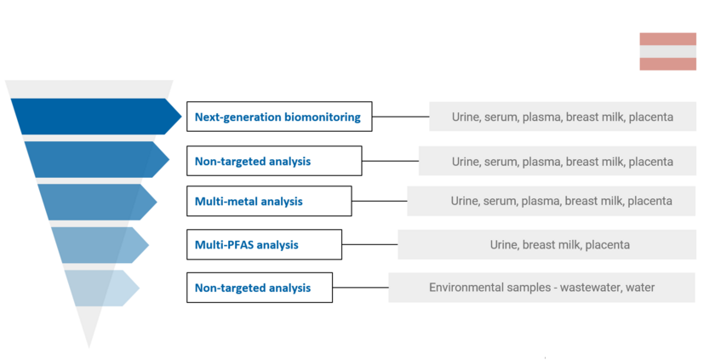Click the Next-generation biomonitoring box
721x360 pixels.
tap(279, 117)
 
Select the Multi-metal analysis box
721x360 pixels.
tap(269, 201)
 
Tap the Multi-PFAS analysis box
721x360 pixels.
tap(264, 244)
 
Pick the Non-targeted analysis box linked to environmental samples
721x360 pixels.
tap(260, 288)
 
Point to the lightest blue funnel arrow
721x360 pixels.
tap(102, 288)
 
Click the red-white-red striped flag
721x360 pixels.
tap(667, 52)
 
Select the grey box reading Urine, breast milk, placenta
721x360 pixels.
tap(546, 244)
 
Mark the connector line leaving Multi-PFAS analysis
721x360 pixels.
tap(369, 244)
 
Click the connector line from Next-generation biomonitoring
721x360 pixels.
tap(400, 117)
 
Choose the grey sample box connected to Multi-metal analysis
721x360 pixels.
tap(552, 201)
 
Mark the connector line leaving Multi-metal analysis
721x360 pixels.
tap(380, 201)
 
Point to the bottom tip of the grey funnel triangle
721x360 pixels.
tap(89, 348)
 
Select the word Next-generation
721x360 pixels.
tap(237, 117)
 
